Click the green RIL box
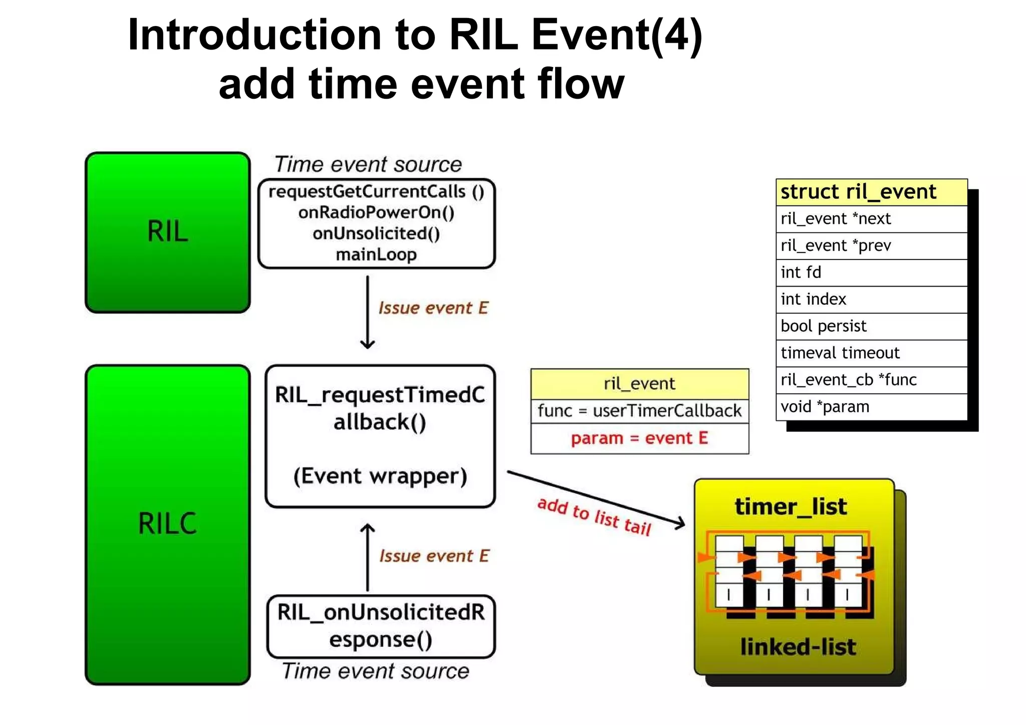pyautogui.click(x=167, y=232)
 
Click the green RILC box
pyautogui.click(x=167, y=524)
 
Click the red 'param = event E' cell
pyautogui.click(x=639, y=438)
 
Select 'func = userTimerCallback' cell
pyautogui.click(x=639, y=411)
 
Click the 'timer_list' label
pyautogui.click(x=791, y=507)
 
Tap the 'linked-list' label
pyautogui.click(x=798, y=647)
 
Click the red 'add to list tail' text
pyautogui.click(x=594, y=516)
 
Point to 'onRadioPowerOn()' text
pyautogui.click(x=376, y=212)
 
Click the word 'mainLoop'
pyautogui.click(x=376, y=255)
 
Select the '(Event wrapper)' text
pyautogui.click(x=380, y=476)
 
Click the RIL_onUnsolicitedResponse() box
pyautogui.click(x=381, y=626)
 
